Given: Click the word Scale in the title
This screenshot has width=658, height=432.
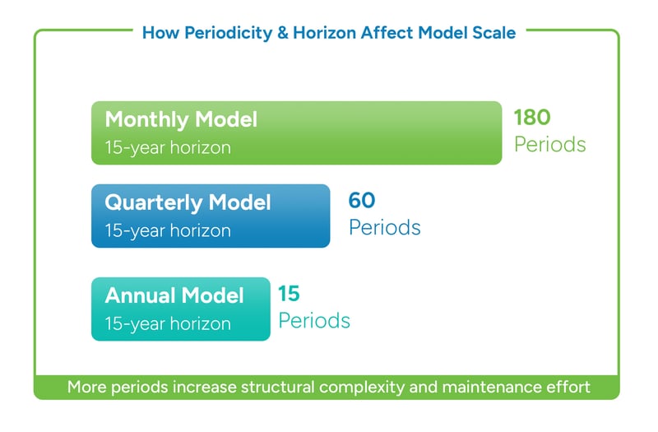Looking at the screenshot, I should pos(493,33).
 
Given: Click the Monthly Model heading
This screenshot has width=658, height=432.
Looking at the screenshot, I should pos(181,119).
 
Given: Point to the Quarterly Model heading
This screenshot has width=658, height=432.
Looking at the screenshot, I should pos(188,202).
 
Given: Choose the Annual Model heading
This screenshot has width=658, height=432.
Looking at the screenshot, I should pos(174,295).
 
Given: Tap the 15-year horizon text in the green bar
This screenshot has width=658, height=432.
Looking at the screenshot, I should pos(168,148).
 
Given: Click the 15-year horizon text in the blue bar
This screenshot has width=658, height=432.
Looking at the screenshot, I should pos(168,231).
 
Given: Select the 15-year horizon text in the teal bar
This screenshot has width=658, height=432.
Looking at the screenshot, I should pos(168,323).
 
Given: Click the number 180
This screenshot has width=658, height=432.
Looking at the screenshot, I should pos(532,117).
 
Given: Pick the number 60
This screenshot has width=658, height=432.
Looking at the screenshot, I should pos(362,200).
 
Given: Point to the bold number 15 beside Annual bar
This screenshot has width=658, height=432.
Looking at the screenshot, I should pos(289,292).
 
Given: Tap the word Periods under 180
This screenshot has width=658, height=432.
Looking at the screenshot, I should pos(549,145).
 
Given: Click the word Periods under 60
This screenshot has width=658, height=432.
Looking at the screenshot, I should pos(384,228).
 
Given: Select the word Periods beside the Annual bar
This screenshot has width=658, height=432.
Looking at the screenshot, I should pos(314,320).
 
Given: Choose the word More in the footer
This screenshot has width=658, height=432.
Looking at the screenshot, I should pos(86,387).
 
